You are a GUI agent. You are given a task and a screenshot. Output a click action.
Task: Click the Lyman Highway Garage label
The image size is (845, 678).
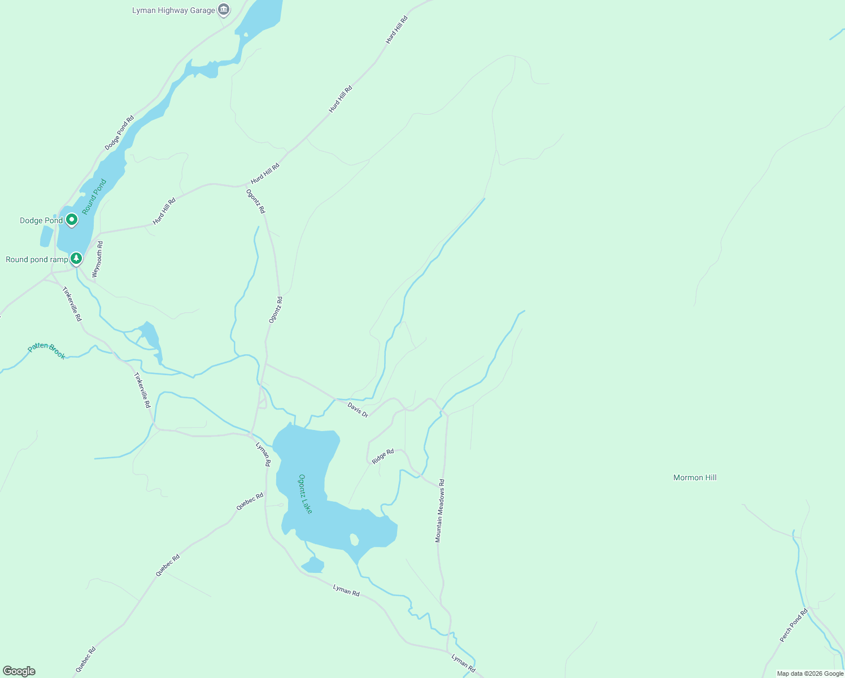click(x=173, y=11)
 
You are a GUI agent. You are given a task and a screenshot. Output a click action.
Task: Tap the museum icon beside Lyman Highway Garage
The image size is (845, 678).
click(x=224, y=10)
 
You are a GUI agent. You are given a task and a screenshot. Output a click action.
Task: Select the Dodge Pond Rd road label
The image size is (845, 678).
click(x=119, y=133)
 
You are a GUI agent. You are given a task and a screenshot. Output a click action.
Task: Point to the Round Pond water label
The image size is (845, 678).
click(x=94, y=197)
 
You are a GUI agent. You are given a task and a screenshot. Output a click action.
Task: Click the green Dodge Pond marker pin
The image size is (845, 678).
click(x=71, y=219)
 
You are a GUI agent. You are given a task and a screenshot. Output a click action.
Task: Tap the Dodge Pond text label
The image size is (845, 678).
click(x=41, y=221)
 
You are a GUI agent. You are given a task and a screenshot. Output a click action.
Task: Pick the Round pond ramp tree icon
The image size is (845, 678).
click(x=76, y=259)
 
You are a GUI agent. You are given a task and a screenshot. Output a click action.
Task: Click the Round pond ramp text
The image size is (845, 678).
click(x=37, y=260)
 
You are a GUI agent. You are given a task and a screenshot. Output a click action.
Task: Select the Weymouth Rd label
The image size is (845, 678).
click(x=97, y=260)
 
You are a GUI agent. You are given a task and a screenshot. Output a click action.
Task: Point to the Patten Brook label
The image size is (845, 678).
click(x=47, y=350)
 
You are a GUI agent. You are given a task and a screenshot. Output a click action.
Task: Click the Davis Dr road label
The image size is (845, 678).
click(x=358, y=410)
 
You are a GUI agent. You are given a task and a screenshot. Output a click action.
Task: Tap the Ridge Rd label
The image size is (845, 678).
click(x=383, y=456)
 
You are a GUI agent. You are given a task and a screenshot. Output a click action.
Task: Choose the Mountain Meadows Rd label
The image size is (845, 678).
click(x=440, y=511)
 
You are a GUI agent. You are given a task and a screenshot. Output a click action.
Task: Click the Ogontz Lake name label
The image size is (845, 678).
click(x=306, y=494)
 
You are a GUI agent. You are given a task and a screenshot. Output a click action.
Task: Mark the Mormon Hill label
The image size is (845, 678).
click(x=695, y=478)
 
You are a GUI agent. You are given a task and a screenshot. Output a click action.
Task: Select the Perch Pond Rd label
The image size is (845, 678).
click(x=794, y=625)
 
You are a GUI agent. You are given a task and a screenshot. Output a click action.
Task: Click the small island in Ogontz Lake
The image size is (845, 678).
click(x=354, y=540)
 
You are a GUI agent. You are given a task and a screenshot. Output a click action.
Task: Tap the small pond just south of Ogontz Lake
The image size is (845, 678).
click(x=313, y=564)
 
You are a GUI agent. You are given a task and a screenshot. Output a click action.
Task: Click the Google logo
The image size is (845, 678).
click(x=19, y=671)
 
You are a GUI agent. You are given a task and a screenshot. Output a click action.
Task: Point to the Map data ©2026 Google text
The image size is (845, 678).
click(x=810, y=673)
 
